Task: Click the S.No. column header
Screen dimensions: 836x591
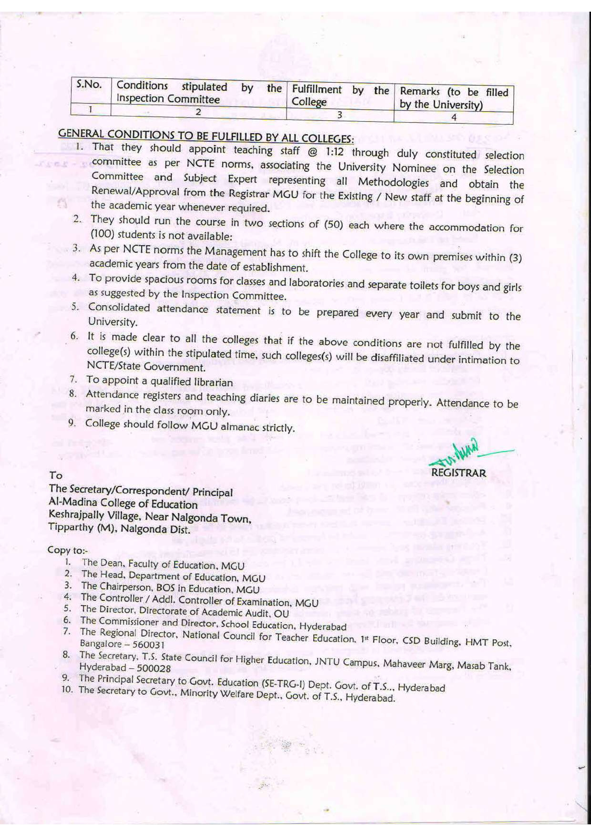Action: pyautogui.click(x=88, y=85)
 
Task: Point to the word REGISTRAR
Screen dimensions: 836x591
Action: pyautogui.click(x=458, y=473)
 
